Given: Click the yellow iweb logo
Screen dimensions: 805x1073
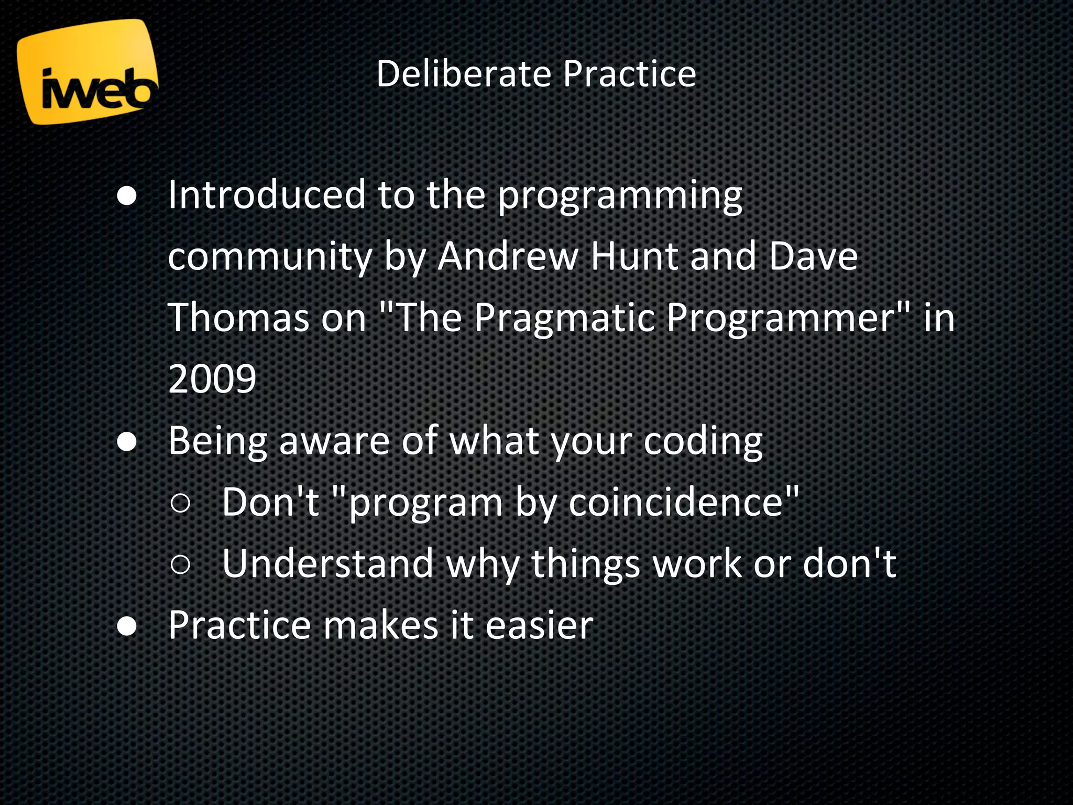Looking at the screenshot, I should (86, 72).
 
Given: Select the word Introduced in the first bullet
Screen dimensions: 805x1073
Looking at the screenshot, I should (266, 194).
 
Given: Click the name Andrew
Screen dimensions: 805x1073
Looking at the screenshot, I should (507, 256).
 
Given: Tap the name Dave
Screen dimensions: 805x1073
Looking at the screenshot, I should (813, 256).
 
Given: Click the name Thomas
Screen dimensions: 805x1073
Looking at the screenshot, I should (239, 318).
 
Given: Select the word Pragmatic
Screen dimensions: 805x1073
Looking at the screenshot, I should (564, 319).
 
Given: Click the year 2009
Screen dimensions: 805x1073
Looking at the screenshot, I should (212, 379).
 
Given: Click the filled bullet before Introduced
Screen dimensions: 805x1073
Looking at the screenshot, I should (127, 197).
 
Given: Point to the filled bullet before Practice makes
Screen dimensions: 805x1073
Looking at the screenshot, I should (127, 627).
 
